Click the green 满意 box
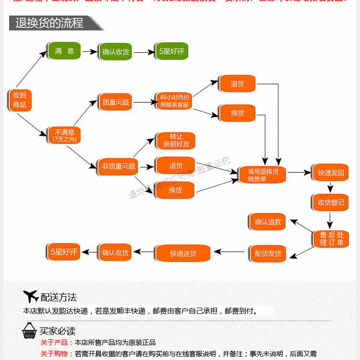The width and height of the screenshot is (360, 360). tap(64, 51)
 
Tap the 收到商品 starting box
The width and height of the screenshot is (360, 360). tap(20, 100)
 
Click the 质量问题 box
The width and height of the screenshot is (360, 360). tap(115, 102)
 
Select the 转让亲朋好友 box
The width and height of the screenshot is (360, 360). tap(176, 140)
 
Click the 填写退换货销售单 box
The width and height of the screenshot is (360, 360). tap(263, 175)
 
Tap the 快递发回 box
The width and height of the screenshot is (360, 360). tap(331, 172)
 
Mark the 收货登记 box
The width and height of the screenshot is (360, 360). tap(331, 202)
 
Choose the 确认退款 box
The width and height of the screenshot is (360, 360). tap(267, 222)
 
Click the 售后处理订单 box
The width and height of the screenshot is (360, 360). tap(331, 239)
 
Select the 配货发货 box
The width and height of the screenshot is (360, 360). tap(267, 253)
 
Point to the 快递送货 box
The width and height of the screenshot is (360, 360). tap(183, 253)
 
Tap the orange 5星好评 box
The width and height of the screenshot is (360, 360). tap(64, 251)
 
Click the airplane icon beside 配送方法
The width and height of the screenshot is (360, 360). tap(31, 297)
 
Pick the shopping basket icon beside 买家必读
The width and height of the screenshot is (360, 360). tap(30, 330)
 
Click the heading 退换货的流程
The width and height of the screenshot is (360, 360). tap(49, 22)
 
